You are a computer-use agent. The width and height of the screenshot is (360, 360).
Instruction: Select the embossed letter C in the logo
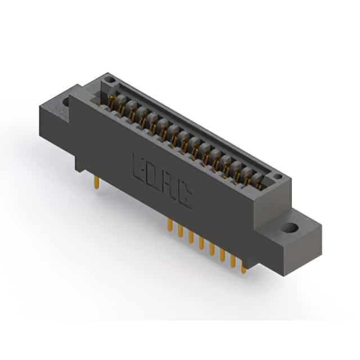(185, 196)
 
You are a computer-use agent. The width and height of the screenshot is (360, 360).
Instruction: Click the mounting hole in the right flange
(290, 228)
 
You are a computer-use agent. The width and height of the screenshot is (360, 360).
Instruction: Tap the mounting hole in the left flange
(66, 102)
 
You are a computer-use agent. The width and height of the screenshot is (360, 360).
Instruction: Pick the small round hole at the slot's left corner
(110, 80)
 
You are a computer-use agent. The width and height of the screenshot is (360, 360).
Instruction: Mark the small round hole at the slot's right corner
(278, 177)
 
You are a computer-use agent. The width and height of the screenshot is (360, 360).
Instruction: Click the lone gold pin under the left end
(97, 182)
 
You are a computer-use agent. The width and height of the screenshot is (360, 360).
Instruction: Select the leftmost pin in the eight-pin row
(170, 224)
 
